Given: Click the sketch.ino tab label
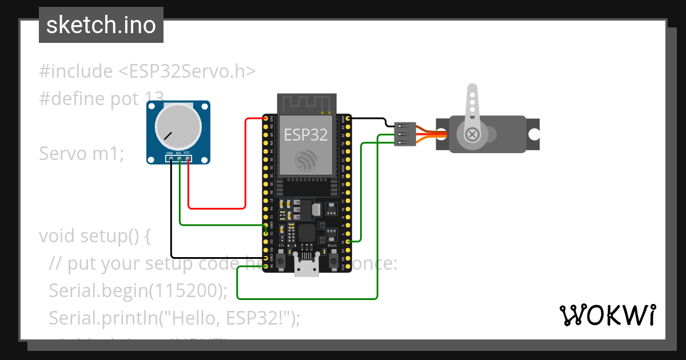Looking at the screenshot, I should [101, 25].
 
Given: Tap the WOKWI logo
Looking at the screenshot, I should [607, 315].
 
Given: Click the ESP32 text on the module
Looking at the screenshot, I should [306, 135].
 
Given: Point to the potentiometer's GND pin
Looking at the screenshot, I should [170, 159].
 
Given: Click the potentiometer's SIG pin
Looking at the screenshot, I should [179, 159].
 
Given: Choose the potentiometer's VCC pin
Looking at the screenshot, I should [188, 159].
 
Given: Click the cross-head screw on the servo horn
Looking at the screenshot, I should [472, 134].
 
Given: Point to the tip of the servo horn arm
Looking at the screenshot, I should [472, 90].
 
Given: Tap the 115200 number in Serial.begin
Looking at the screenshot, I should [186, 291].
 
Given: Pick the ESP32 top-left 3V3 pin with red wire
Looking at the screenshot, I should [266, 118].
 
